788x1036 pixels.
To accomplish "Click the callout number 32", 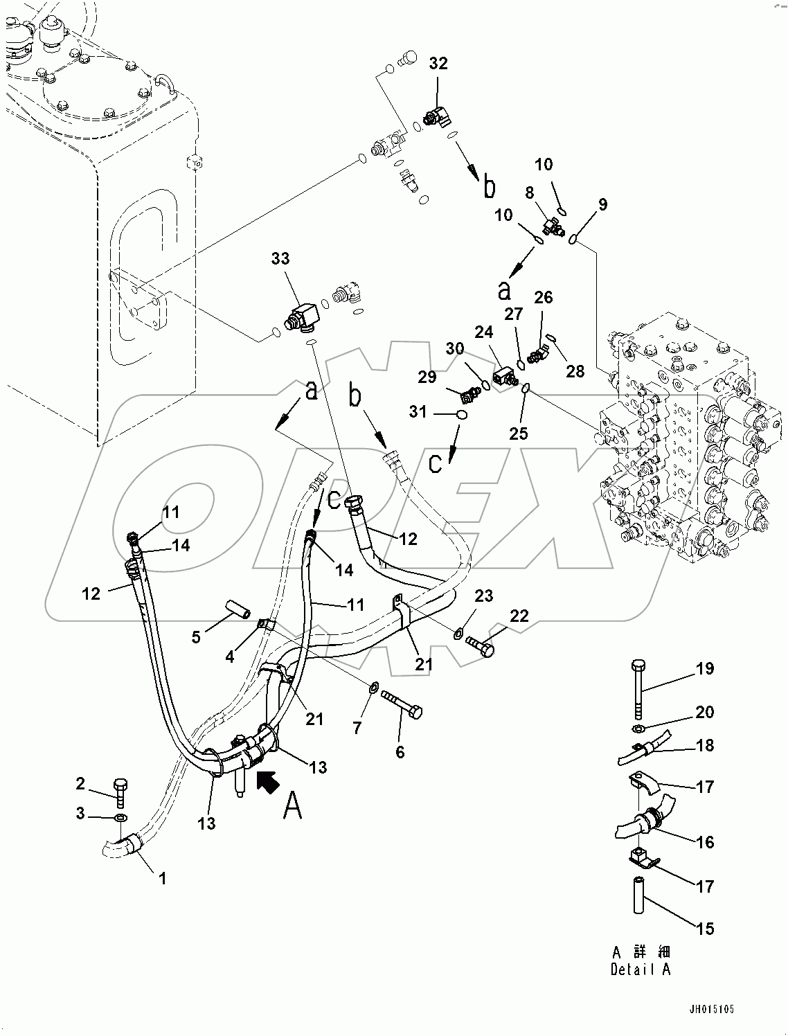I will click(438, 64).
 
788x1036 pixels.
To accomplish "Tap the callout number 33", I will click(280, 258).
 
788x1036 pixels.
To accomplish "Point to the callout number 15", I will click(705, 929).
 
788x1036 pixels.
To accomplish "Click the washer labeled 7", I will click(373, 688).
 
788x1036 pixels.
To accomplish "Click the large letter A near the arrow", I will click(293, 805).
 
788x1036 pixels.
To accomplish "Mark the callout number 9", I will click(602, 204).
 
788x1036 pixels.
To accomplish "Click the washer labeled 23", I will click(459, 632).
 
